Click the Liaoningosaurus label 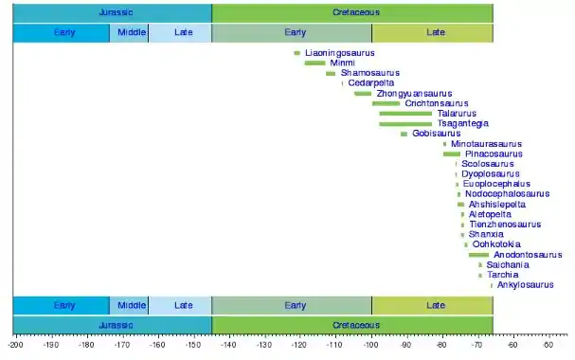point(339,53)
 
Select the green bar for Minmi point(315,63)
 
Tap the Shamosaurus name point(370,73)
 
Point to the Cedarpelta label point(371,82)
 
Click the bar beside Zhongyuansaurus point(363,94)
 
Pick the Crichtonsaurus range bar point(386,104)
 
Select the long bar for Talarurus point(405,114)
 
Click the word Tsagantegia point(463,123)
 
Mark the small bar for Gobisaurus point(404,134)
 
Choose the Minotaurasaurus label point(486,144)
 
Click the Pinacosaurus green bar point(452,154)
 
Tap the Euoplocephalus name point(496,184)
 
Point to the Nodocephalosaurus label point(507,194)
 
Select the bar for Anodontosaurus point(479,255)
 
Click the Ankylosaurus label point(525,285)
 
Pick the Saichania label point(508,264)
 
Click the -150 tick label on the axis point(192,345)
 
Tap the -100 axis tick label point(370,345)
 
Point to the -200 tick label point(14,345)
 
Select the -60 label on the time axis point(512,345)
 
